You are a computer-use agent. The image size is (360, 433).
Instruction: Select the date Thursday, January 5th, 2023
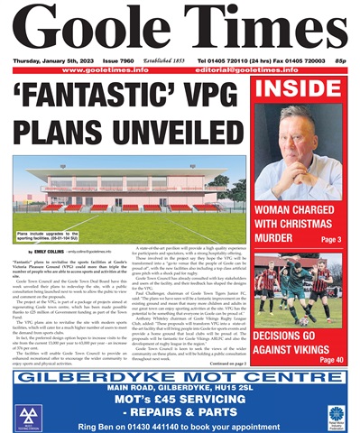49,60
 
